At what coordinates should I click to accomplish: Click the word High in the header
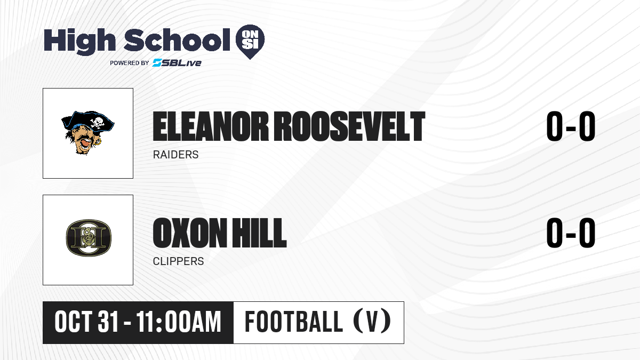(x=80, y=41)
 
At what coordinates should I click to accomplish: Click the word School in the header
(x=177, y=40)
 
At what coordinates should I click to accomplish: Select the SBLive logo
(x=177, y=62)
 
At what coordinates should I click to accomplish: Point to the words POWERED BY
(x=130, y=63)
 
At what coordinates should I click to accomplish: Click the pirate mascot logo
(x=88, y=133)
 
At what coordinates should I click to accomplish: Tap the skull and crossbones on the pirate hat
(x=97, y=122)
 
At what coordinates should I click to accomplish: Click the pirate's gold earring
(x=99, y=141)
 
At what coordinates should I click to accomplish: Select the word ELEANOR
(x=211, y=126)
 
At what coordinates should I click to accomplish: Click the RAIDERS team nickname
(x=175, y=155)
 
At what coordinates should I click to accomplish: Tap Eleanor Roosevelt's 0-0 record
(x=571, y=126)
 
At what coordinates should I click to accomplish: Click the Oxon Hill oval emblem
(x=89, y=238)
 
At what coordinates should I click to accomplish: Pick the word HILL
(x=259, y=233)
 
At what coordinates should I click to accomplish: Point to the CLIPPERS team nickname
(x=178, y=261)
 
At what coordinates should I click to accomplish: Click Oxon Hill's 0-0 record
(x=571, y=233)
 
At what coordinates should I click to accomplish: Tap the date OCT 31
(x=86, y=322)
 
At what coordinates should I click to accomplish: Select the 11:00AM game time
(x=179, y=322)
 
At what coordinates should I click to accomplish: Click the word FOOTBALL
(x=294, y=322)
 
